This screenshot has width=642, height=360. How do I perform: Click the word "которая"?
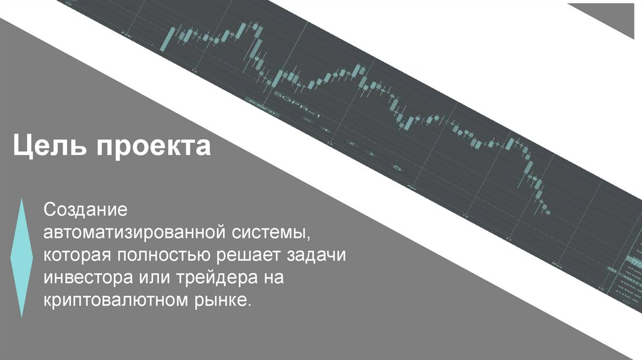76,256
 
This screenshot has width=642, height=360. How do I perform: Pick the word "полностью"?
165,256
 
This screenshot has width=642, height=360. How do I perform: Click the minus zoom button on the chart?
308,119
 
